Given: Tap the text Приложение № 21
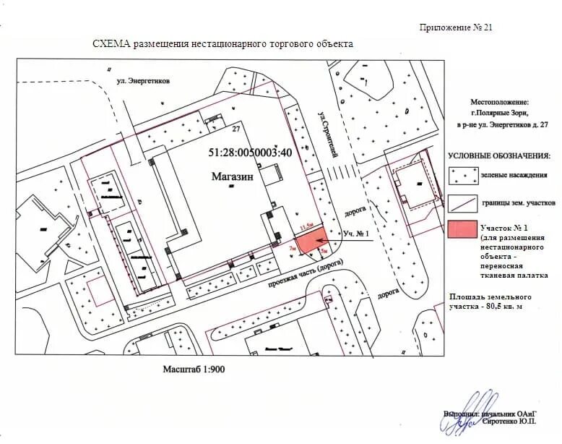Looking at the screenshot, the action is tap(456, 27).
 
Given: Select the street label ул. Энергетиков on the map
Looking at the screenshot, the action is tap(143, 82).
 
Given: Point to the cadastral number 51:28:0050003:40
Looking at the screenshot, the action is tap(250, 153).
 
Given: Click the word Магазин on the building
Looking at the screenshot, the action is tap(233, 176).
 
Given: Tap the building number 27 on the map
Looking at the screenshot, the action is tap(235, 129).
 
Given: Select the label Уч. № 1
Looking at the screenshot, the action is tap(356, 234).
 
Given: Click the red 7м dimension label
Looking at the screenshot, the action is tap(292, 248).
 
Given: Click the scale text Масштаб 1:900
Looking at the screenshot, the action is tap(195, 369).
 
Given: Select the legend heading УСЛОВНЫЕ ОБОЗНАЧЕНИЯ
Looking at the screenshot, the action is tap(498, 155).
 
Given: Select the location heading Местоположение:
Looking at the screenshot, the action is tap(499, 103).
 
